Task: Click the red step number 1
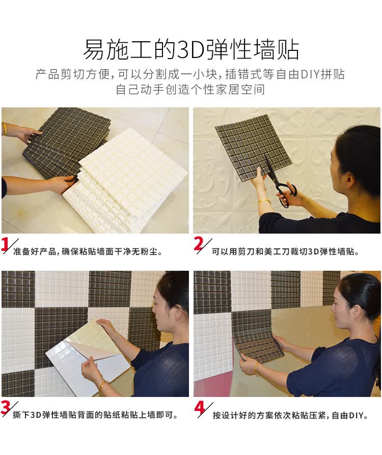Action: coord(5,244)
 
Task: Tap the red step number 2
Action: coord(199,244)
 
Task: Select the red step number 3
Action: coord(5,408)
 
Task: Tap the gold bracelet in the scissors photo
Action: coord(264,201)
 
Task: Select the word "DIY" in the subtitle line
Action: coord(310,74)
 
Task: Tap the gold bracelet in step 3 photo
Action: coord(103,386)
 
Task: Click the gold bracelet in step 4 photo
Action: coord(257,369)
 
